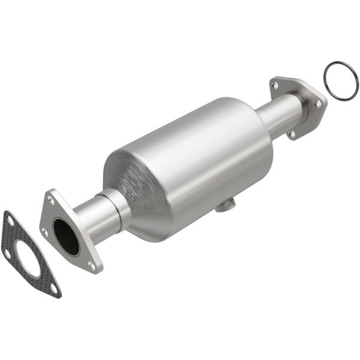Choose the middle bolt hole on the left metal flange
tap(44, 231)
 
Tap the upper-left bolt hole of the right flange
tap(275, 85)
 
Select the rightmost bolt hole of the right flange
tap(318, 103)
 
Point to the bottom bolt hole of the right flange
tap(292, 133)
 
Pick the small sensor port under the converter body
tap(224, 206)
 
